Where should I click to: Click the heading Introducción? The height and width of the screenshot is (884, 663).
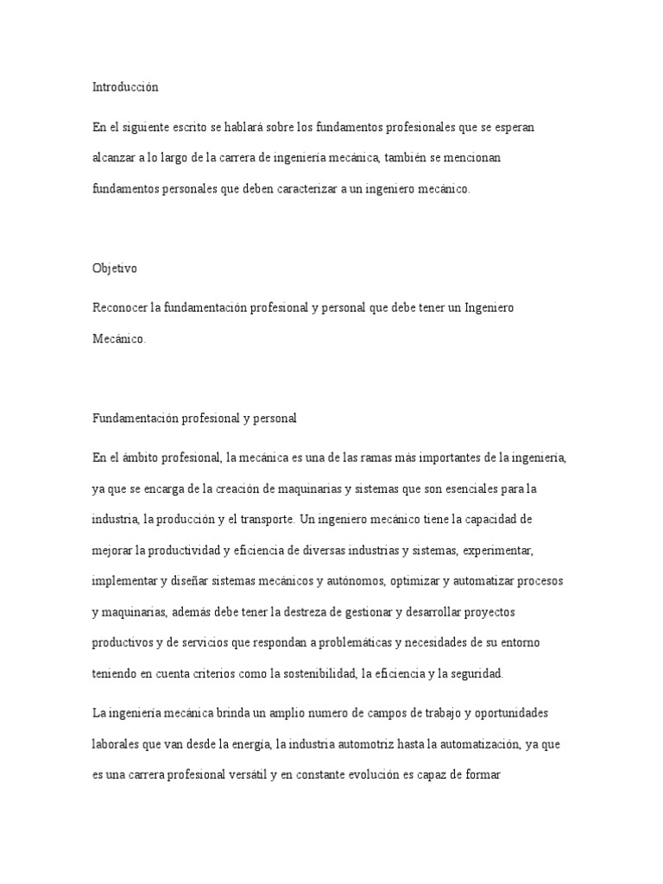[126, 87]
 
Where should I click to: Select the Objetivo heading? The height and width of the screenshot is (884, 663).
[115, 268]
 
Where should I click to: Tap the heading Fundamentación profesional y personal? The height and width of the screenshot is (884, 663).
[194, 418]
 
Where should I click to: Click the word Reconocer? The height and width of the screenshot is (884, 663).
[119, 308]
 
